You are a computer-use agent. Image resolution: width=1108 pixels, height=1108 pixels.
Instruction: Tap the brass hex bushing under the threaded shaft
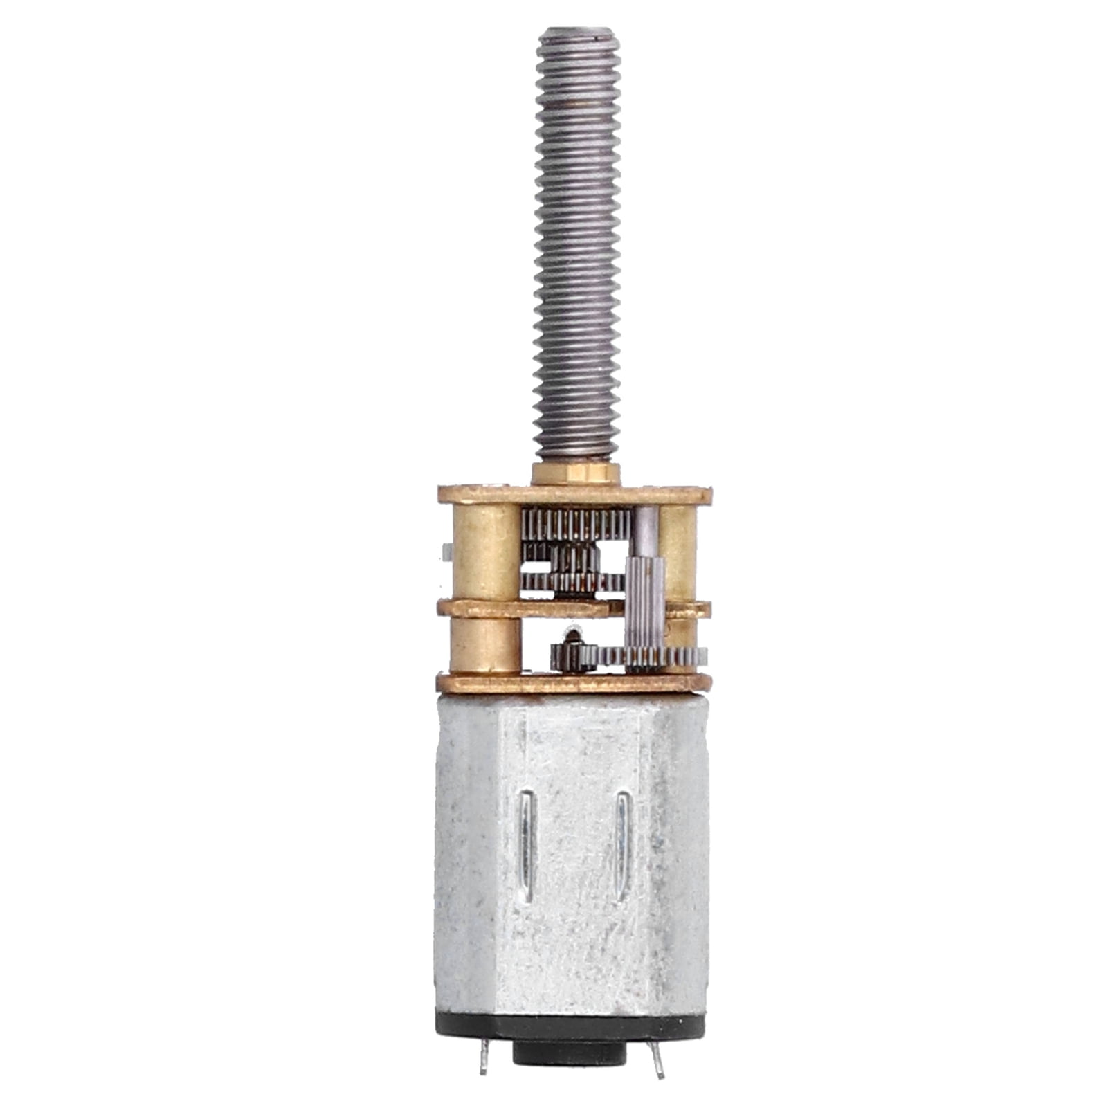tap(575, 474)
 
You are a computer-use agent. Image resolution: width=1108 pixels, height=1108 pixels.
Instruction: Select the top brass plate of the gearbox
tap(574, 495)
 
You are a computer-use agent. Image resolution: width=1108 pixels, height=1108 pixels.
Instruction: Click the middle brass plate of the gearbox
tap(526, 609)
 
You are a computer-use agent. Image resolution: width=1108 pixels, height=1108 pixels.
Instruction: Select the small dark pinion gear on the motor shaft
tap(573, 654)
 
